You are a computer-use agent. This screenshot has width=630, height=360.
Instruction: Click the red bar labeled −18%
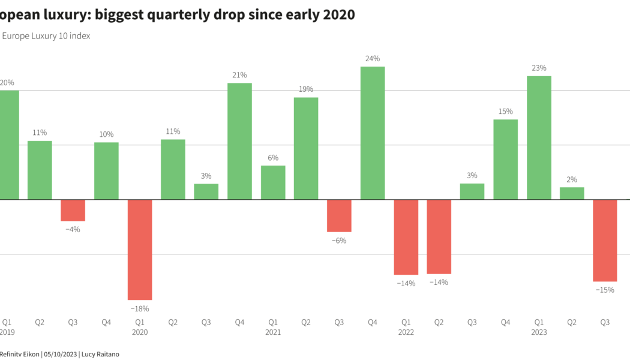[x=140, y=249]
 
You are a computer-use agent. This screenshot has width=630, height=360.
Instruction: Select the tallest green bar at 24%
[x=373, y=133]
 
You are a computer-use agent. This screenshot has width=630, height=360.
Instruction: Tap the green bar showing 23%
[x=539, y=137]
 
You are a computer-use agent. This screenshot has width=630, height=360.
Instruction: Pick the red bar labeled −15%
[x=605, y=240]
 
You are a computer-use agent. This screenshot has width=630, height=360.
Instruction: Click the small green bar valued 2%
[x=572, y=193]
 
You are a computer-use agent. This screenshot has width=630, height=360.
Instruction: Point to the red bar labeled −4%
[x=73, y=210]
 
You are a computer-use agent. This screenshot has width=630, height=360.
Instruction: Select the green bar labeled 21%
[x=239, y=141]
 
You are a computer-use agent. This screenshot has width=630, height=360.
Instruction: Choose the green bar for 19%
[x=306, y=148]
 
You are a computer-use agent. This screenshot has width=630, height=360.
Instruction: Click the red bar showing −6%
[x=339, y=215]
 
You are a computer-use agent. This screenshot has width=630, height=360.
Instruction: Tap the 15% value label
[x=506, y=112]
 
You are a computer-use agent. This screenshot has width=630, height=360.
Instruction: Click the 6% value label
[x=273, y=158]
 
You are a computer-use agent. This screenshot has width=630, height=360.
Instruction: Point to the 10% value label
[x=106, y=134]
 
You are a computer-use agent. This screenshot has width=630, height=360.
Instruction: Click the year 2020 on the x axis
[x=140, y=332]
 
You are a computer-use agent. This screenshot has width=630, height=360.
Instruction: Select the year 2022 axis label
[x=406, y=332]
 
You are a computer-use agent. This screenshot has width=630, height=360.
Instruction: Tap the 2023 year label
[x=539, y=332]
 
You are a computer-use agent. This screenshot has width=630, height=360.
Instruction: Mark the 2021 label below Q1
[x=273, y=332]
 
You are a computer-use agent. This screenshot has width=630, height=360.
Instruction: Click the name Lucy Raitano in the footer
[x=100, y=354]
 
